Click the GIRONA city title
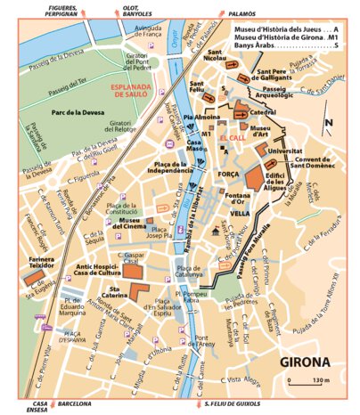point(304,362)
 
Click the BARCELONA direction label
point(73,403)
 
